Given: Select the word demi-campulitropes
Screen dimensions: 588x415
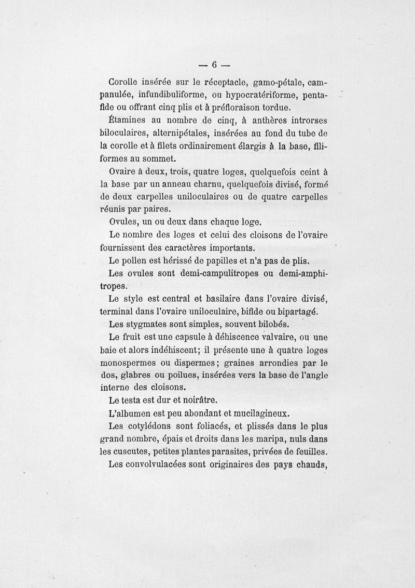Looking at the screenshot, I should point(207,273).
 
